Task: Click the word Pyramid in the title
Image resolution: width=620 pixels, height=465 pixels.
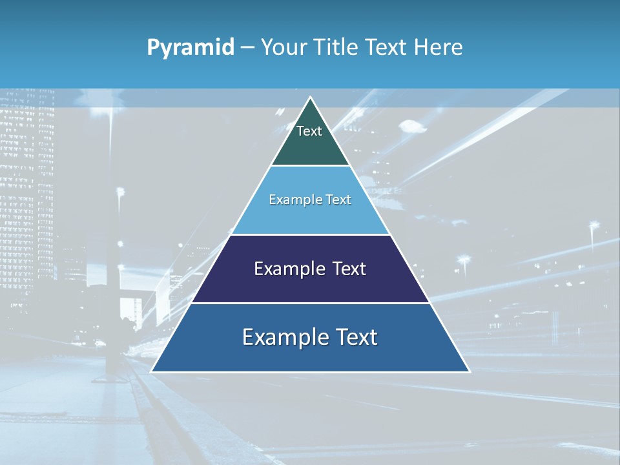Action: point(190,48)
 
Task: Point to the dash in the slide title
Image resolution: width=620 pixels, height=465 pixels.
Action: point(247,48)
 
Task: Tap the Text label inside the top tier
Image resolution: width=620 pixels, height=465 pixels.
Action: point(309,131)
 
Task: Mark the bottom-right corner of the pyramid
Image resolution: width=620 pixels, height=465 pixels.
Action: point(469,371)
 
